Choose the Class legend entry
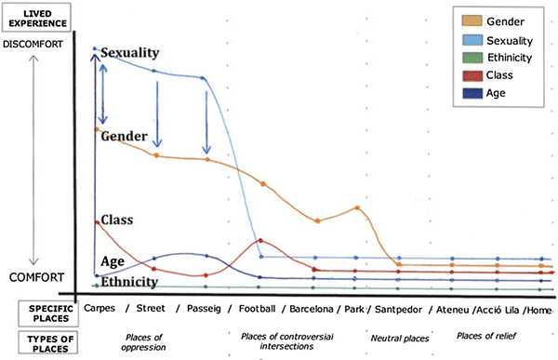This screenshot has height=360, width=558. (492, 75)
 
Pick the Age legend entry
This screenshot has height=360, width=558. (489, 93)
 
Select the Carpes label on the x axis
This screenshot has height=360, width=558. (100, 309)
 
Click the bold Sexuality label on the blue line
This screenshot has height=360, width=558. (130, 53)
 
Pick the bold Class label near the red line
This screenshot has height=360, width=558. (115, 220)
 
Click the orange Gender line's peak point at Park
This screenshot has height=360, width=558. (357, 207)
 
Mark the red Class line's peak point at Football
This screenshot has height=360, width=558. (260, 240)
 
